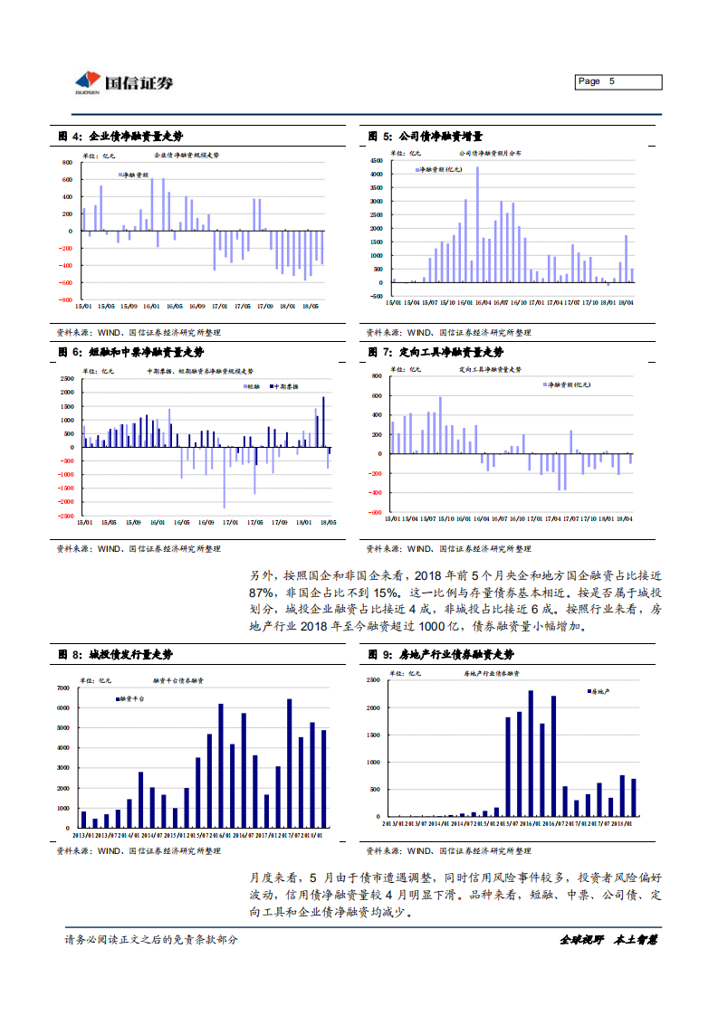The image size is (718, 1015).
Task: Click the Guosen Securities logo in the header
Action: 124,82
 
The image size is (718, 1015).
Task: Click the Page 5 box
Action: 618,82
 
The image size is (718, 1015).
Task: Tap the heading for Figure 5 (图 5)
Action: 425,136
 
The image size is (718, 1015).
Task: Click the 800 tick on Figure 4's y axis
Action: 66,163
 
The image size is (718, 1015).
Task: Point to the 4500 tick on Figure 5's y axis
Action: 377,162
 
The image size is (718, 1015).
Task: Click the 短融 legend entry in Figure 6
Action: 249,386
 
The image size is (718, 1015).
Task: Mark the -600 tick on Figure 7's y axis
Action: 376,512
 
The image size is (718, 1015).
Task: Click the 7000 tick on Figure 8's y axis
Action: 64,688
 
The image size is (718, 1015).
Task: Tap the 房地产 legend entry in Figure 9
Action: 598,691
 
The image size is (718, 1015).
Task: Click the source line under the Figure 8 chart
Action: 139,851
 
